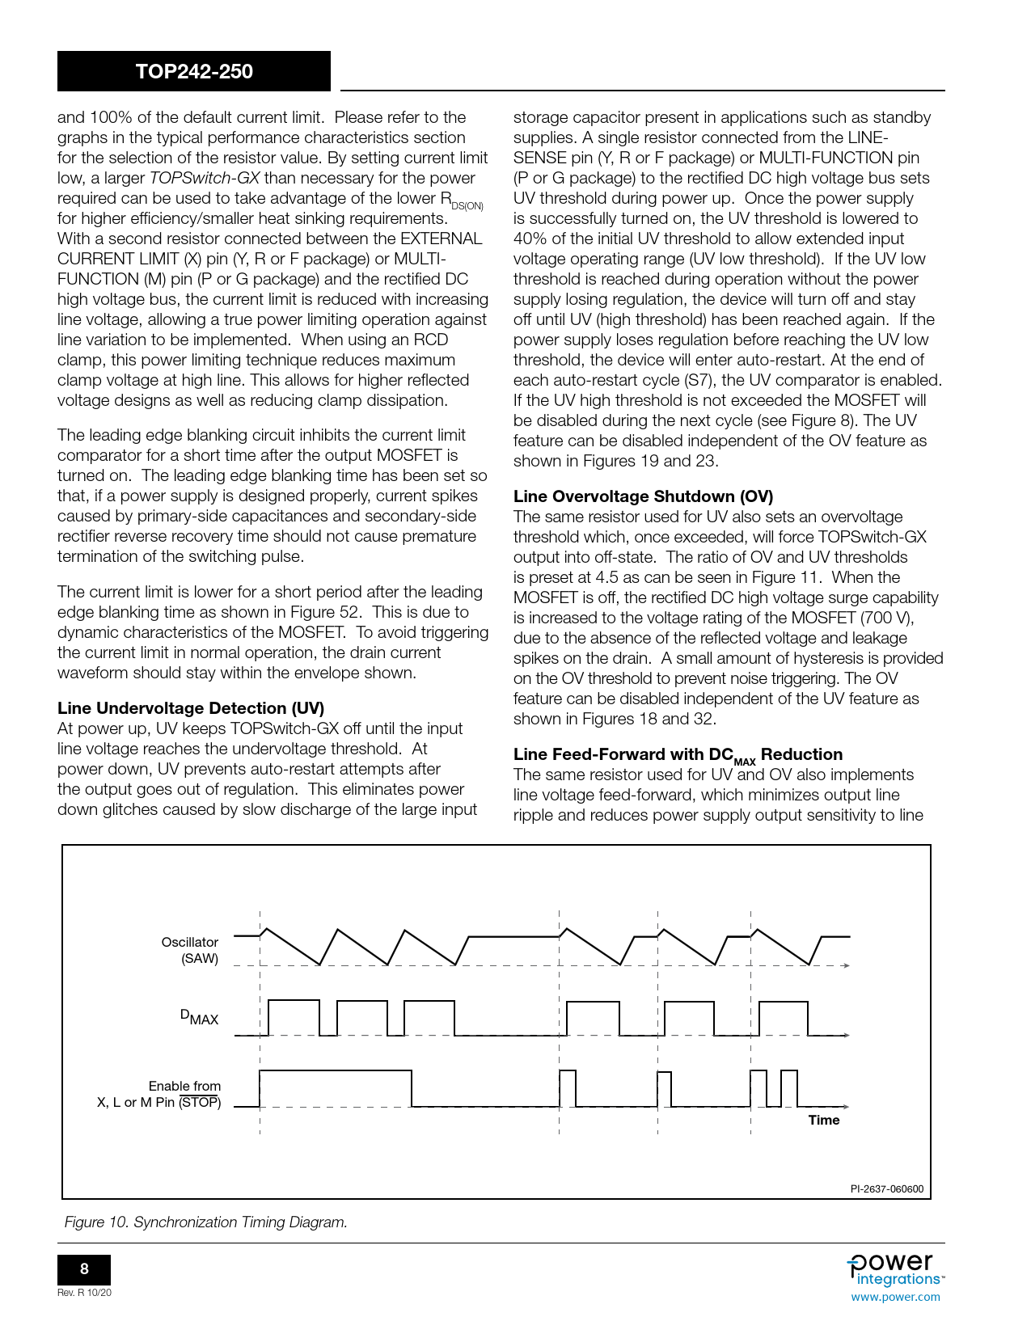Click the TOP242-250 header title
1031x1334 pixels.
[194, 71]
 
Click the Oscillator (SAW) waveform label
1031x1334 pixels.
[190, 950]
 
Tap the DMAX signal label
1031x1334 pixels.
[199, 1018]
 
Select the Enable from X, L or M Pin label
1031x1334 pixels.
[159, 1094]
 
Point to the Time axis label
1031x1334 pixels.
[823, 1120]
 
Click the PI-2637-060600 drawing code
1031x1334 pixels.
[886, 1188]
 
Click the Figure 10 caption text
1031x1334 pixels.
[206, 1222]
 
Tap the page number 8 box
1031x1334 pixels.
[84, 1269]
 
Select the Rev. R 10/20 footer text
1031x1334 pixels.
[84, 1293]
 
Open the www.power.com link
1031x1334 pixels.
[895, 1297]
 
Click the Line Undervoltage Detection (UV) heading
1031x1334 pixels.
[191, 708]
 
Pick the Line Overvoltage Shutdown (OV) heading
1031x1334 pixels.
[643, 496]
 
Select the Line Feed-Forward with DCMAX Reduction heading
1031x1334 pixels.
[678, 754]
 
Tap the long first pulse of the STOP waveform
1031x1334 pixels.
[336, 1072]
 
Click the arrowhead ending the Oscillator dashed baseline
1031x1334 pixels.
[846, 965]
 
